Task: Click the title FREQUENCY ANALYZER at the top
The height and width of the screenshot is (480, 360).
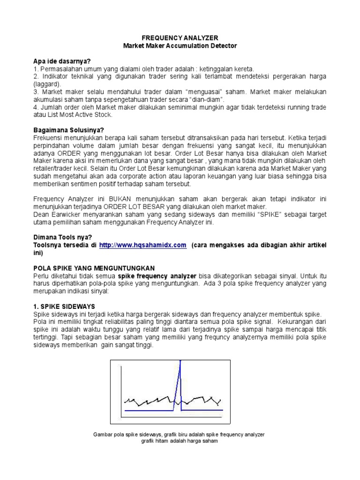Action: [x=180, y=37]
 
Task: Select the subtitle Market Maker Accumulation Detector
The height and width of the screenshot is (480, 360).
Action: [x=180, y=45]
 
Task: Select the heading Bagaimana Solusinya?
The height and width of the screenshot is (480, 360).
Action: [x=68, y=130]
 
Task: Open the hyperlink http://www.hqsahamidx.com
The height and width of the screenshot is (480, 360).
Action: [x=143, y=245]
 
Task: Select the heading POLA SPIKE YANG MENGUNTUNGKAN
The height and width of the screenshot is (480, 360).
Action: [x=94, y=268]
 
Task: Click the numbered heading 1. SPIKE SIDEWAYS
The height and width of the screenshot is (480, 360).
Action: [x=64, y=306]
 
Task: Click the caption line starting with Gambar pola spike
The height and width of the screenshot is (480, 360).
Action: [x=180, y=435]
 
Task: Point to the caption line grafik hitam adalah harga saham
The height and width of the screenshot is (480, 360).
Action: [x=180, y=441]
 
